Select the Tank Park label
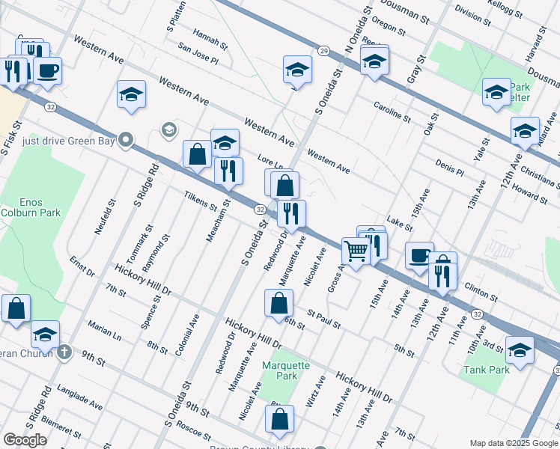click(x=486, y=370)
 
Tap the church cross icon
click(x=65, y=352)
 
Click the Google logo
click(x=25, y=440)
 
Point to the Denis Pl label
click(x=450, y=167)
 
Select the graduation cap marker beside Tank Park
click(x=520, y=349)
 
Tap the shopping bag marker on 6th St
click(x=279, y=303)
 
